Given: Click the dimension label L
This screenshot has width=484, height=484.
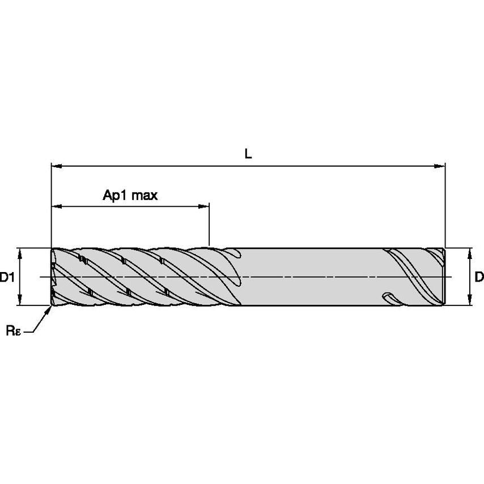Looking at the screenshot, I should click(248, 154).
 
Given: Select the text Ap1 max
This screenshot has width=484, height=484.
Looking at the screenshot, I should click(130, 196).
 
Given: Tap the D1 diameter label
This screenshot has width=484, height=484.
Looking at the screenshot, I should click(7, 277).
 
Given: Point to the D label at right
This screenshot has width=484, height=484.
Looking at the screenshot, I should click(479, 277).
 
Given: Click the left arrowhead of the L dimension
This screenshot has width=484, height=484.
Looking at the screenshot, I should click(56, 166).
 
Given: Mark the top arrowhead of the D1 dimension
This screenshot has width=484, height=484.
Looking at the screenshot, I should click(20, 252).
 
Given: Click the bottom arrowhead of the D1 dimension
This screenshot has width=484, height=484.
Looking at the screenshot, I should click(20, 302).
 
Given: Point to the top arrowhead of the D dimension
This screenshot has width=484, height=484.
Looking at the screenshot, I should click(470, 252).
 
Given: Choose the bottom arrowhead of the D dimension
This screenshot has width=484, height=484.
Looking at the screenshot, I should click(470, 302).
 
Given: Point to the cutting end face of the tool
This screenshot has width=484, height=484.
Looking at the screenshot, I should click(53, 277).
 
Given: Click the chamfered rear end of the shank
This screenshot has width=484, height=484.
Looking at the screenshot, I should click(443, 277).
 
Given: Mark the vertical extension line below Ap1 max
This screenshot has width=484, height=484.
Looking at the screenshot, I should click(209, 227).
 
